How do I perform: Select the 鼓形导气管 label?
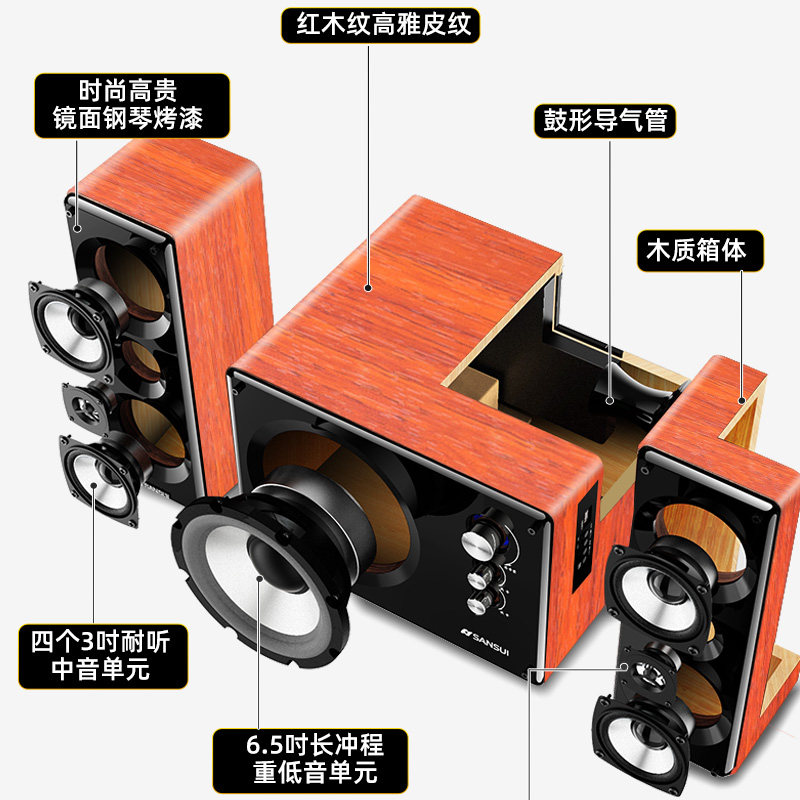pos(603,122)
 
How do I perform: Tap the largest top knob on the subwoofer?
pos(479,541)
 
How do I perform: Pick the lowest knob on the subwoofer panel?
pos(482,601)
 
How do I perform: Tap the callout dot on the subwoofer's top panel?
pos(369,288)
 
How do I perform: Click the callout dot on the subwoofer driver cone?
pos(263,579)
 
